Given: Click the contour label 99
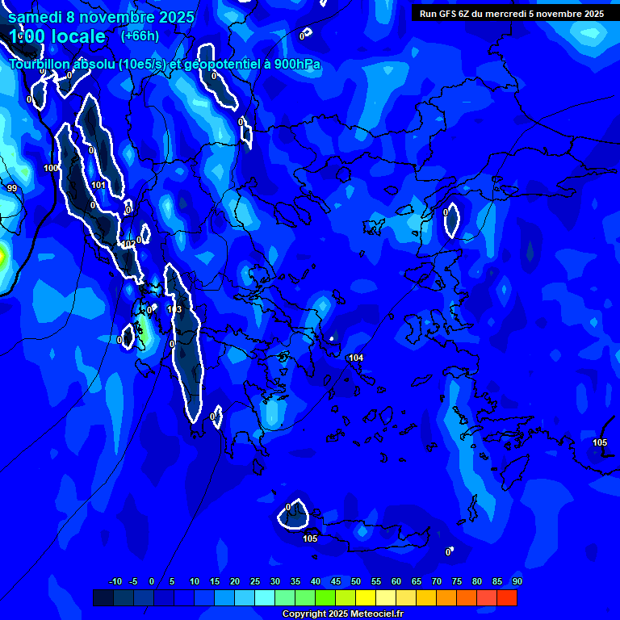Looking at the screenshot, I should (11, 188).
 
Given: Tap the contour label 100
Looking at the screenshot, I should (51, 168).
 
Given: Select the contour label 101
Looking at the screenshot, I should (98, 185).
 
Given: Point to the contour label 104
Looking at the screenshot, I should (356, 358).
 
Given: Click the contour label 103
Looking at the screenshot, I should (174, 309).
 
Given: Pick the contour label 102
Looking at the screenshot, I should (128, 244).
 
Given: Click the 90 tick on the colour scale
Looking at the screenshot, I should (517, 581).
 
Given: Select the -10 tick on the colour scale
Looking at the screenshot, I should (115, 581).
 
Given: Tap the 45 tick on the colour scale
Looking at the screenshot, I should (335, 581).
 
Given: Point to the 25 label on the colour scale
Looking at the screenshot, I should (254, 581).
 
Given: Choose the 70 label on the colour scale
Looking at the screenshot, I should (436, 581).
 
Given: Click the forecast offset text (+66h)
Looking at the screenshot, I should (140, 36).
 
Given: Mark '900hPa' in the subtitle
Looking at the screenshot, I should (299, 65).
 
